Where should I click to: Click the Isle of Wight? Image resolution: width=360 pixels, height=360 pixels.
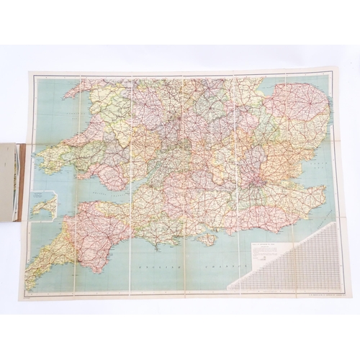[x=209, y=238]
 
